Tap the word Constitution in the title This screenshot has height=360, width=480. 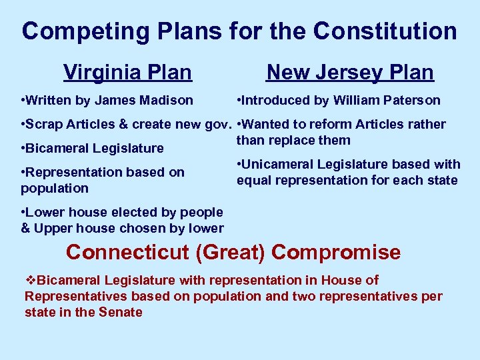click(x=385, y=31)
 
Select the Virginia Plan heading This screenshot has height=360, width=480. click(x=127, y=72)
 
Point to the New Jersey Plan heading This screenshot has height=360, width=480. click(x=350, y=72)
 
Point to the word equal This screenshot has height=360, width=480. click(x=253, y=180)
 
